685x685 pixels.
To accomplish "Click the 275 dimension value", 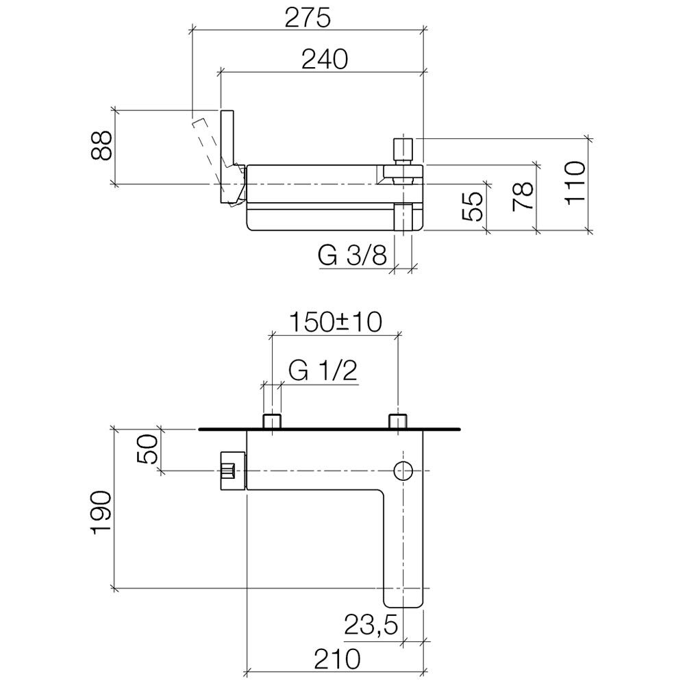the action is pyautogui.click(x=308, y=18).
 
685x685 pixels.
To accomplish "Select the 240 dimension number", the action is pyautogui.click(x=325, y=60).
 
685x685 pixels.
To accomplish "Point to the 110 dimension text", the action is pyautogui.click(x=575, y=182).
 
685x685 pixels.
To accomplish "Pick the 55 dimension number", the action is pyautogui.click(x=473, y=207).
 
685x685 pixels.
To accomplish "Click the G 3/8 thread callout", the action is pyautogui.click(x=353, y=256).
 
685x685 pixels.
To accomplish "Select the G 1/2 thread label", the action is pyautogui.click(x=323, y=371).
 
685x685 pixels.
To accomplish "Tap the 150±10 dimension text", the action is pyautogui.click(x=335, y=322).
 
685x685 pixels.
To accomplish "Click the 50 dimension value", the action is pyautogui.click(x=147, y=449).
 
